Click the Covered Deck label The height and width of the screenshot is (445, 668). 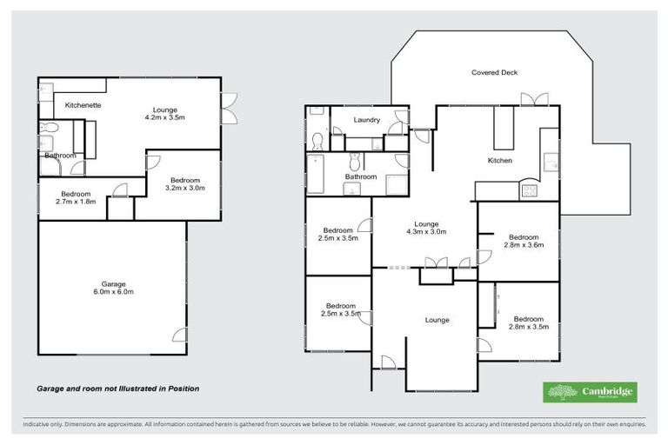[x=494, y=72]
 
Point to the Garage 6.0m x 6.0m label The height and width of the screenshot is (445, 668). [x=113, y=288]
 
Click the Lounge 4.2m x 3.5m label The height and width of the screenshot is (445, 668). [x=164, y=114]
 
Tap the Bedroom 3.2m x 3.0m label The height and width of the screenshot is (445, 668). [x=184, y=183]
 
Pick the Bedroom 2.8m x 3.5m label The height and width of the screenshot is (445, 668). [x=528, y=322]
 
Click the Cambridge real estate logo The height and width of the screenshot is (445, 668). [x=589, y=392]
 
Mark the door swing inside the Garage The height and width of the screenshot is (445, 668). [x=179, y=335]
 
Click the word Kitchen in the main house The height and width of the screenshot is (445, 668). [x=499, y=161]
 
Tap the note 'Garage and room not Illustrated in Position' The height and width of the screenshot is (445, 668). [x=117, y=389]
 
